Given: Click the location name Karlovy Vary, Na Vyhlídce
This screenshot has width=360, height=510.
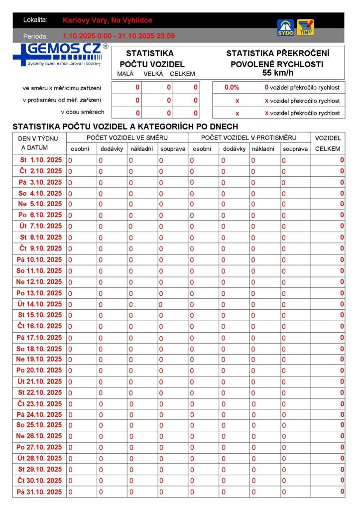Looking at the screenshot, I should (108, 20).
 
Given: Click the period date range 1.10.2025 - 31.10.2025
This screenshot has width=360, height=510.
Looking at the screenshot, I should (119, 36).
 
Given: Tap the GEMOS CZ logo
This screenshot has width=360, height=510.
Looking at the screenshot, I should (60, 54).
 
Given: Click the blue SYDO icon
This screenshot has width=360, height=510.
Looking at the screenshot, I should (285, 28).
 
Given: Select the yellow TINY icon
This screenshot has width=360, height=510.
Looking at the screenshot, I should (305, 28).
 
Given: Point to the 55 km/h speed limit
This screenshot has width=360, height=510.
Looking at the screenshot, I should (278, 73).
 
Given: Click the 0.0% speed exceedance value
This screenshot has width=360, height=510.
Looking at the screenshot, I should (232, 88).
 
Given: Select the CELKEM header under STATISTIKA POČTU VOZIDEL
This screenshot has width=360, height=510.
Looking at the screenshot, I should (182, 74).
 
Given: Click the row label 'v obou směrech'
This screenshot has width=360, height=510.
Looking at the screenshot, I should (82, 112).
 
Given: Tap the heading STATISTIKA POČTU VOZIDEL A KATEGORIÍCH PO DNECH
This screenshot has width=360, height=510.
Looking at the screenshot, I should (125, 127).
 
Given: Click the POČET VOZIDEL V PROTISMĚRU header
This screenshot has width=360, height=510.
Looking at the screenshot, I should (248, 137).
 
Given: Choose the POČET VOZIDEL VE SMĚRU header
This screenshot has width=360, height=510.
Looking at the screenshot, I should (127, 137).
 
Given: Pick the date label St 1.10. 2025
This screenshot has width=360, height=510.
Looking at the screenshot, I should (41, 160).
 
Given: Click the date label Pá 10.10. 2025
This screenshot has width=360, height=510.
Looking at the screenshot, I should (39, 259).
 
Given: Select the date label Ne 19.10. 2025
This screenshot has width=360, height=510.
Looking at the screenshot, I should (39, 359).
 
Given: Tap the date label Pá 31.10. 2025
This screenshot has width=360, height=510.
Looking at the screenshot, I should (39, 492).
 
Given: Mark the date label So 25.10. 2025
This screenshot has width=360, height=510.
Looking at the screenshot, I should (39, 425).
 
